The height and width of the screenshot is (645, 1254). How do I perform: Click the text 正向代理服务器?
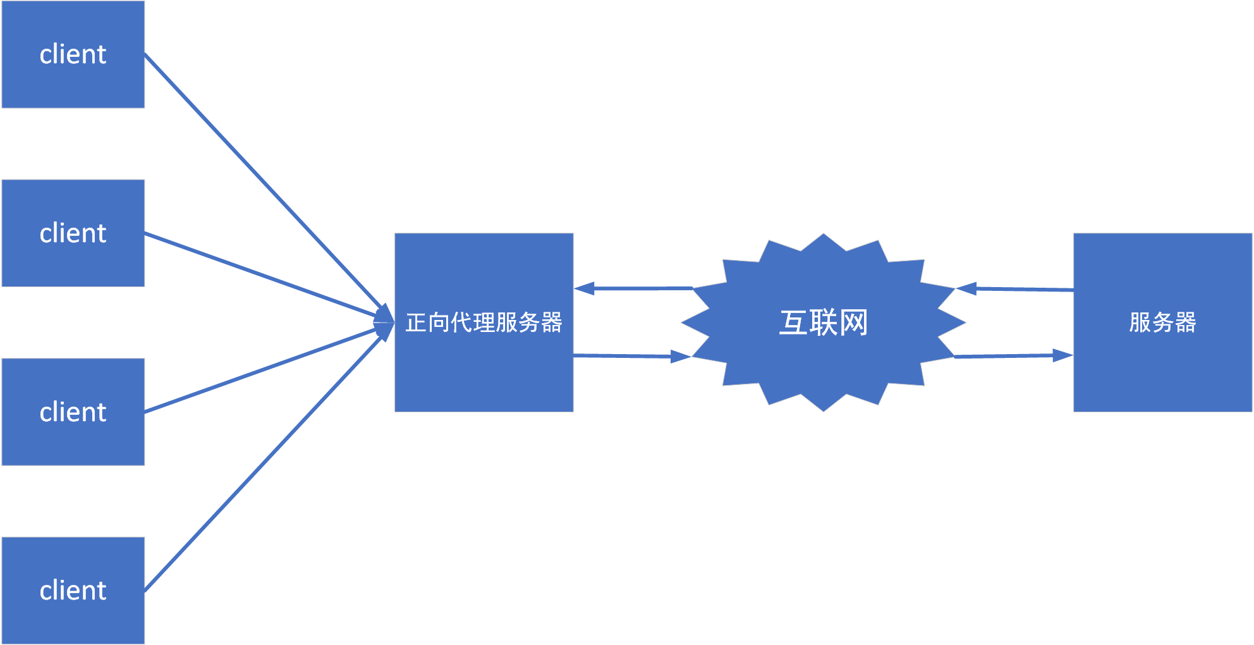(484, 322)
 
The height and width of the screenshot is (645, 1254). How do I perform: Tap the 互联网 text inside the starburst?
(823, 322)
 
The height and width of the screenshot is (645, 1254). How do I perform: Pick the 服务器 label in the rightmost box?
(1162, 322)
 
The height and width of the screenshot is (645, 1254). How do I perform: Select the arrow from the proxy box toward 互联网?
(632, 356)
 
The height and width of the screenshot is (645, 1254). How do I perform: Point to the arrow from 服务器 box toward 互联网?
(1015, 289)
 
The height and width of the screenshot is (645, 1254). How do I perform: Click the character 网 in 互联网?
(854, 322)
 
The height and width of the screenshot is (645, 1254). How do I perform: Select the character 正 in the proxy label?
(417, 322)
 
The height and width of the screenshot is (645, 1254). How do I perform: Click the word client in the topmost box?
(73, 54)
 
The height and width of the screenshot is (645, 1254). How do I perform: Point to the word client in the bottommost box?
(73, 591)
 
